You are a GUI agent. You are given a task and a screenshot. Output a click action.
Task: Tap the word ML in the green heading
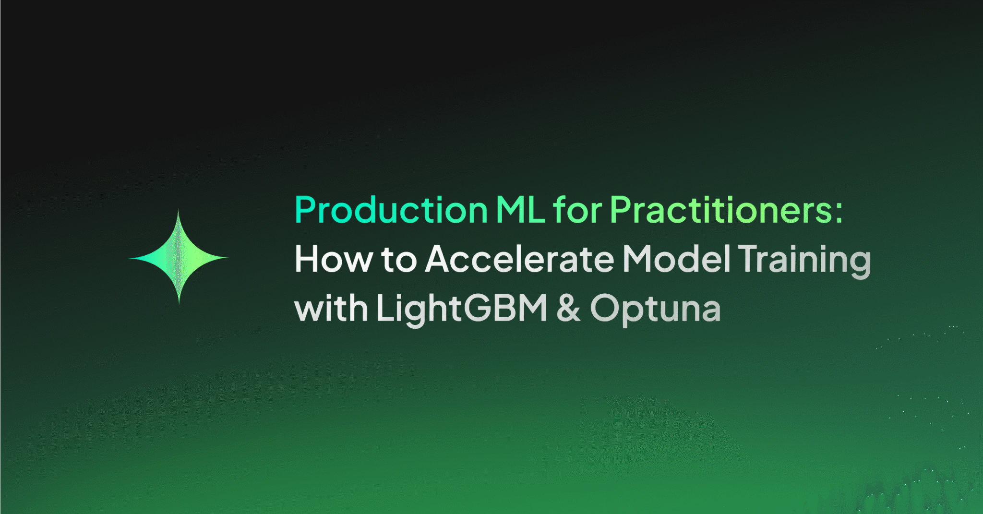pos(520,210)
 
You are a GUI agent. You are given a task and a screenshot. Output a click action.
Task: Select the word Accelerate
pos(520,259)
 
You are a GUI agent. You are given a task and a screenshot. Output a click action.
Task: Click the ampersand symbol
pos(569,308)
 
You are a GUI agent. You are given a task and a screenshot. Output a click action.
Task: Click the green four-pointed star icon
pos(179,258)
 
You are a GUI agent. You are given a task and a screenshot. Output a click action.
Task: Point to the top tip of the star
pos(179,212)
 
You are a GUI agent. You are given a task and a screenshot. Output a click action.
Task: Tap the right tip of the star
pos(227,258)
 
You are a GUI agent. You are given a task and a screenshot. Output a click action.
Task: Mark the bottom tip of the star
pos(179,303)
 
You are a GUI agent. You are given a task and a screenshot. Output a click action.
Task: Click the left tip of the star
pos(131,258)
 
